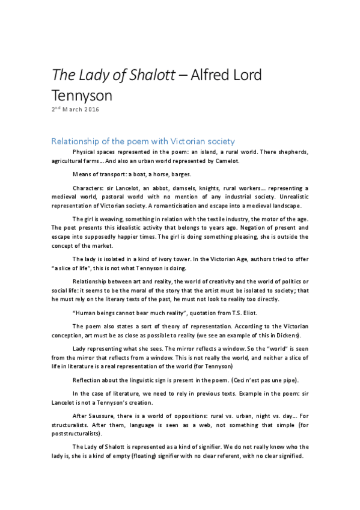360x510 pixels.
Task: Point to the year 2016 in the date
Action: (x=91, y=109)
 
